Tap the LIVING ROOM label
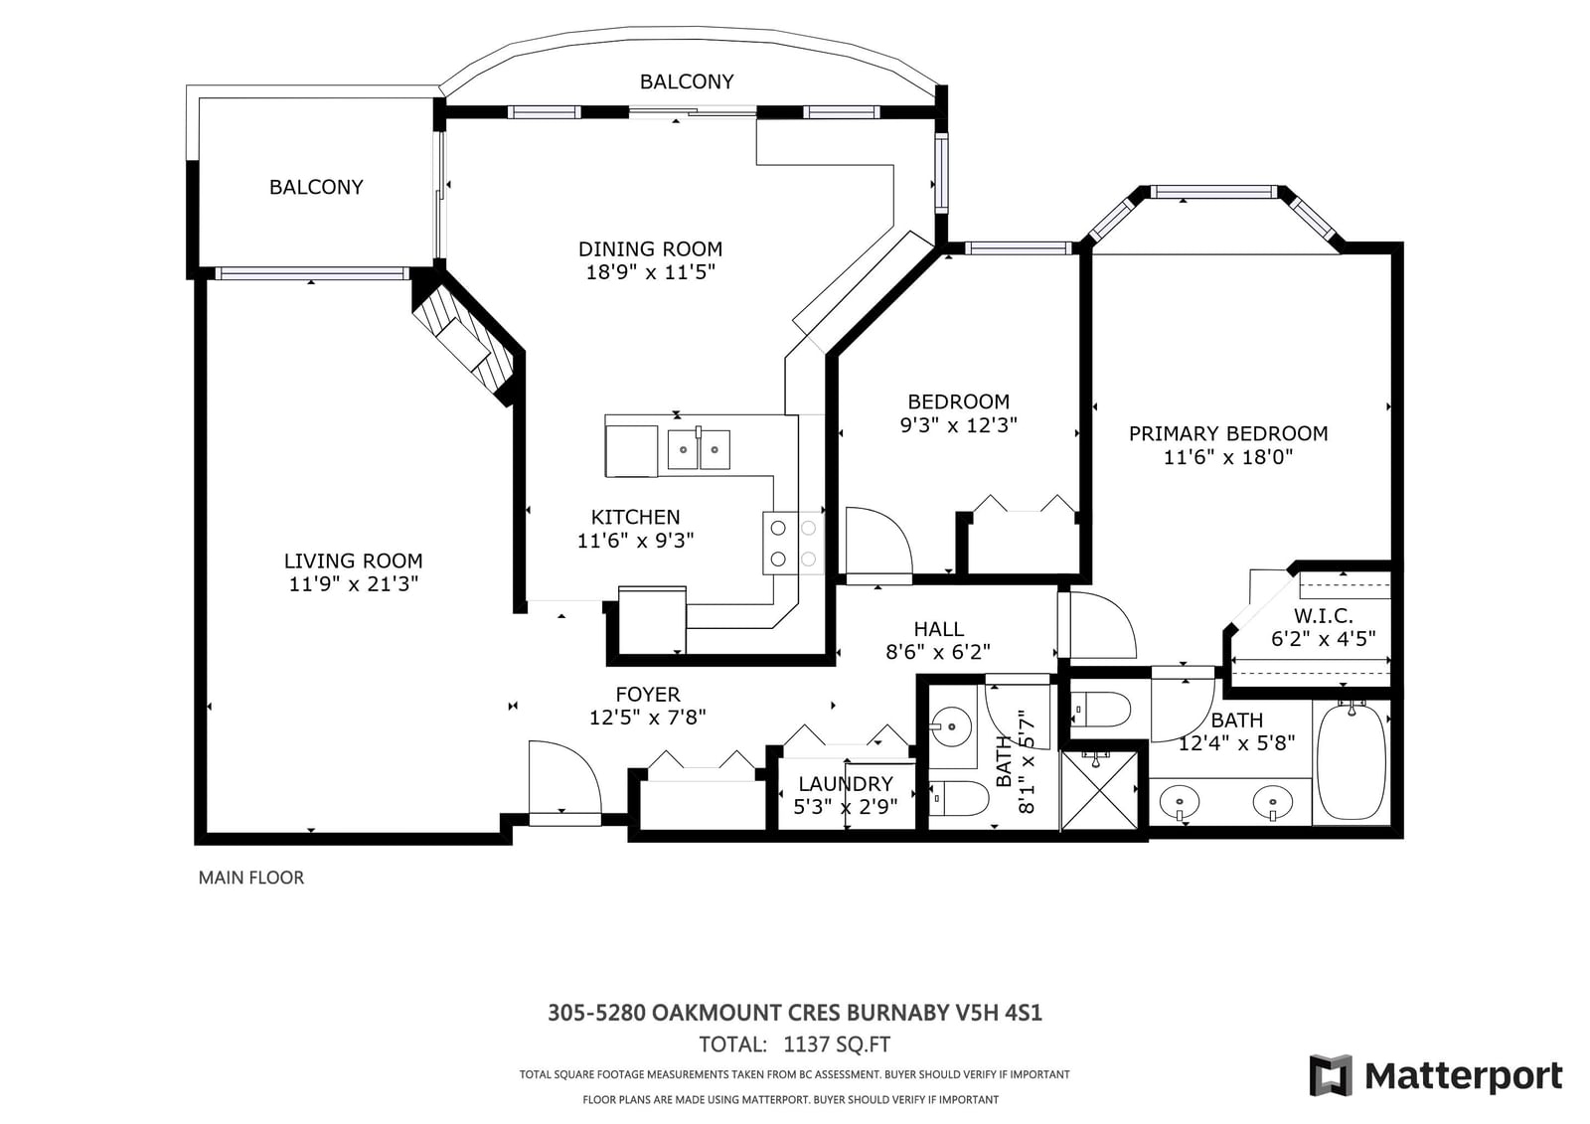354,561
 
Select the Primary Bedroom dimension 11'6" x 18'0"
1228,457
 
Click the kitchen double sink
699,449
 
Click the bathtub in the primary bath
1351,761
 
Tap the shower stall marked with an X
1099,790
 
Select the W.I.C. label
1323,615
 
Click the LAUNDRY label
846,784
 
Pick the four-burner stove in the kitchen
794,544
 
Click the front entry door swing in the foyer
564,782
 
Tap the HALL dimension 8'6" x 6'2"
938,652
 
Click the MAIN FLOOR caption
251,878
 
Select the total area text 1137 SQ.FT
836,1044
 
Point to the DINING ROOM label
650,249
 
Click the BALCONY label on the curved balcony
687,81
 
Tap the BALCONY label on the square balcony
316,187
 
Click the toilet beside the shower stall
1100,710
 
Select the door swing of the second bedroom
878,541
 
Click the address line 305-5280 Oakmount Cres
794,1013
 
